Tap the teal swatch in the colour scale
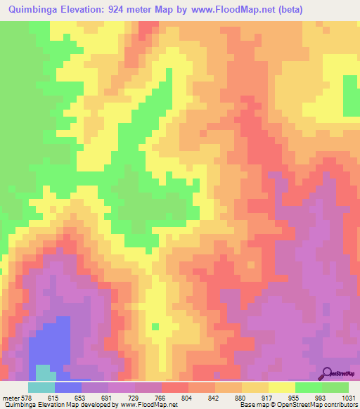point(41,387)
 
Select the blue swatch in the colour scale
point(67,387)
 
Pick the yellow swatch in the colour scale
point(281,387)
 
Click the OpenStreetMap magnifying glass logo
point(327,373)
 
